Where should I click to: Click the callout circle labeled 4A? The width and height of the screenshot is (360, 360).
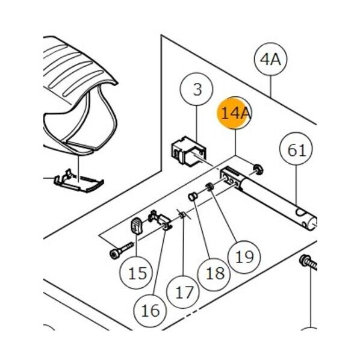point(271,59)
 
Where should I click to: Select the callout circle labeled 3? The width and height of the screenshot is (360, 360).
point(196,89)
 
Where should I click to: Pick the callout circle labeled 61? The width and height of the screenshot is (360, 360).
point(296,149)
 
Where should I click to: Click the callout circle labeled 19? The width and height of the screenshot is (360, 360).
point(244,257)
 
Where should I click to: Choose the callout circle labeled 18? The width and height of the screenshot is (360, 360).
point(214,274)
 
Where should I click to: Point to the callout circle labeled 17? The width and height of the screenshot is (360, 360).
point(183,292)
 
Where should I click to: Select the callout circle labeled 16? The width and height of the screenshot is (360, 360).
point(150,311)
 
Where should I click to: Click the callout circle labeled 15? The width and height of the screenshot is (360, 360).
point(137,273)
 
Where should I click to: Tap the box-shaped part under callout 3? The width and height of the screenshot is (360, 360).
point(188,151)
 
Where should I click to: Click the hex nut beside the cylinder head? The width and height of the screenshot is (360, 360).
point(258,170)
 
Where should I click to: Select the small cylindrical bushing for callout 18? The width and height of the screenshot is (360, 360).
point(193,196)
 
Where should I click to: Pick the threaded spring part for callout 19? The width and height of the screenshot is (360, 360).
point(209,187)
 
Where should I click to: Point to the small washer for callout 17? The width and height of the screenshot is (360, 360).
point(182,215)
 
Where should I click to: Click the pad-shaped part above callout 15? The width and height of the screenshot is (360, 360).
point(137,226)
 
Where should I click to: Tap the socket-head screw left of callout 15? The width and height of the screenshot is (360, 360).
point(121,250)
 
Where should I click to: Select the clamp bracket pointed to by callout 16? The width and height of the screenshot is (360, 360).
point(160,220)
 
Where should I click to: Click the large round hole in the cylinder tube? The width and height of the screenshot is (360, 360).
point(300,212)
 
